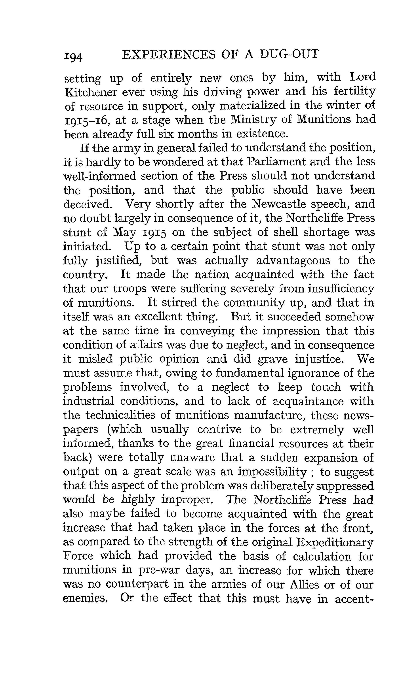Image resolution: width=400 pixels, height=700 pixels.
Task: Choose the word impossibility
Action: (272, 472)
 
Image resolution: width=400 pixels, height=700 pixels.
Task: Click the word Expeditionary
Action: (335, 542)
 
